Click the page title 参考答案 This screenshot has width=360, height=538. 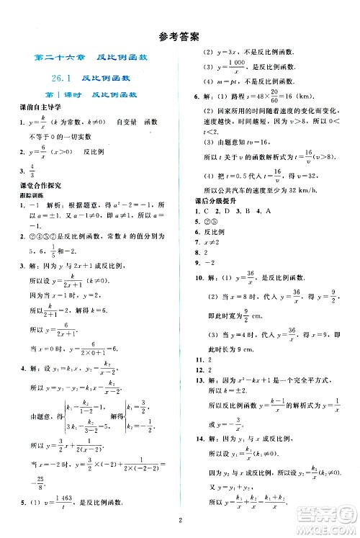(180, 34)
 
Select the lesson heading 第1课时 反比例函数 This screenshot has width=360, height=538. (91, 94)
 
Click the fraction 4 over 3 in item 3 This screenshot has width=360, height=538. (32, 171)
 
